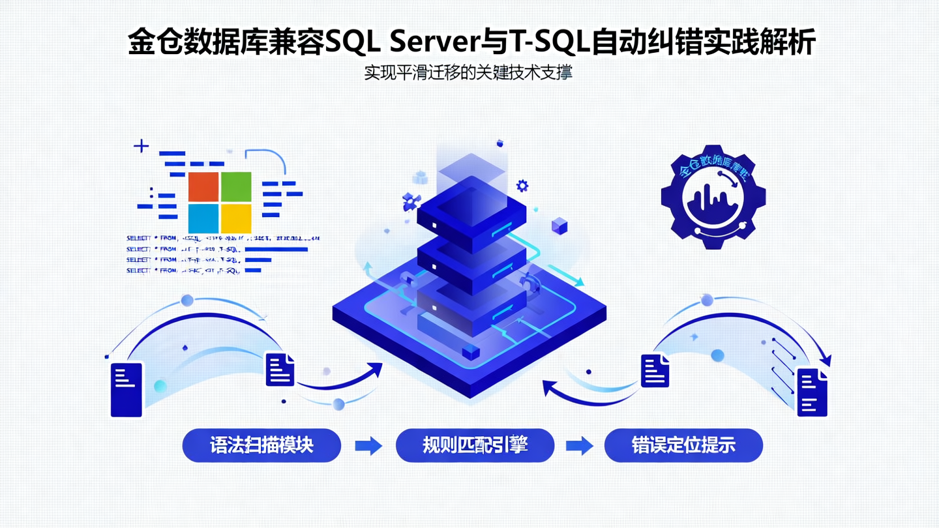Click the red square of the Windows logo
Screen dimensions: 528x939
203,186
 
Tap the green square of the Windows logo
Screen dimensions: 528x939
236,186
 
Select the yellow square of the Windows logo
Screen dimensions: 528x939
236,218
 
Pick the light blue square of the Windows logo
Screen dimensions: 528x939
203,218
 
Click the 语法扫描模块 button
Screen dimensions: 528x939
261,445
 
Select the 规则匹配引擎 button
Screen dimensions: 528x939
475,445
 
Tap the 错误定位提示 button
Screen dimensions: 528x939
683,445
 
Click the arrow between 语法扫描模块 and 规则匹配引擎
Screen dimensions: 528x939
368,446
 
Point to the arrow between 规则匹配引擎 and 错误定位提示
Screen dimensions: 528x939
579,446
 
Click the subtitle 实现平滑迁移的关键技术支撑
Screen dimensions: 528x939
468,73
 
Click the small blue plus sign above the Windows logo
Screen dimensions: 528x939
141,145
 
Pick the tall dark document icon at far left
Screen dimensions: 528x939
126,389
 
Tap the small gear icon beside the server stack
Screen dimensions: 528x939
522,186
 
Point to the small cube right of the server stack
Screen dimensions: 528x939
559,226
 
